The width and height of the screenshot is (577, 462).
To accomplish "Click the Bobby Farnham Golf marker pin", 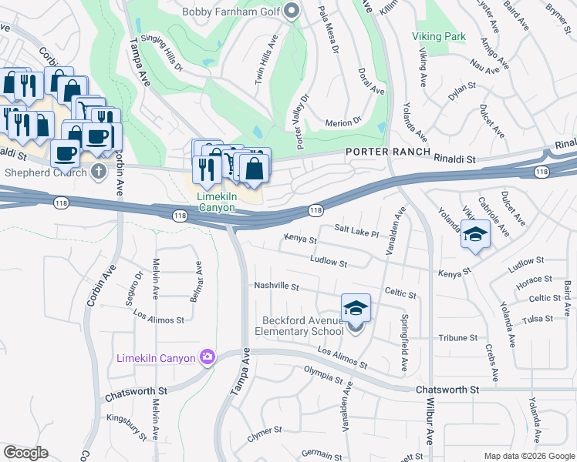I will pos(292,11).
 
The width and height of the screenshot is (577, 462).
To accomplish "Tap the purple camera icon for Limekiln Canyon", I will pos(207,357).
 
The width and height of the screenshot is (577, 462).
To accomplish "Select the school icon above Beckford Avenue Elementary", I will pos(356,308).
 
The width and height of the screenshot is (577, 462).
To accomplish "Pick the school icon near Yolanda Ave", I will pos(475,234).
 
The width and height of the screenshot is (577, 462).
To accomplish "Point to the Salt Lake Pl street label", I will pos(356,230).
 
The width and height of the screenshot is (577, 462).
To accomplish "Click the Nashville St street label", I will pos(276,286).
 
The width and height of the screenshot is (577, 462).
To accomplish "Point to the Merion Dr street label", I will pos(343,122).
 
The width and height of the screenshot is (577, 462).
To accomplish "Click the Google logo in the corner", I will pos(25,452).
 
